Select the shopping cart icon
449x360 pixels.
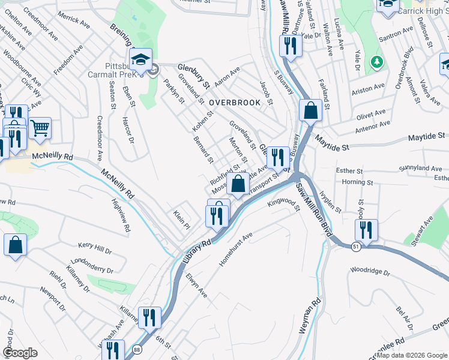40,127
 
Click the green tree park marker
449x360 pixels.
376,61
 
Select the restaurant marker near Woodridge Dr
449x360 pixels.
366,230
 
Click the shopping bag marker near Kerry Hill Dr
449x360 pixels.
16,245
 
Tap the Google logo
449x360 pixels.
20,352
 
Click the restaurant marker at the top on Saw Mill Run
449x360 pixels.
290,46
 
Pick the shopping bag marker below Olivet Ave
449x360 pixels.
310,111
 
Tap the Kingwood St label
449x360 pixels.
284,205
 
